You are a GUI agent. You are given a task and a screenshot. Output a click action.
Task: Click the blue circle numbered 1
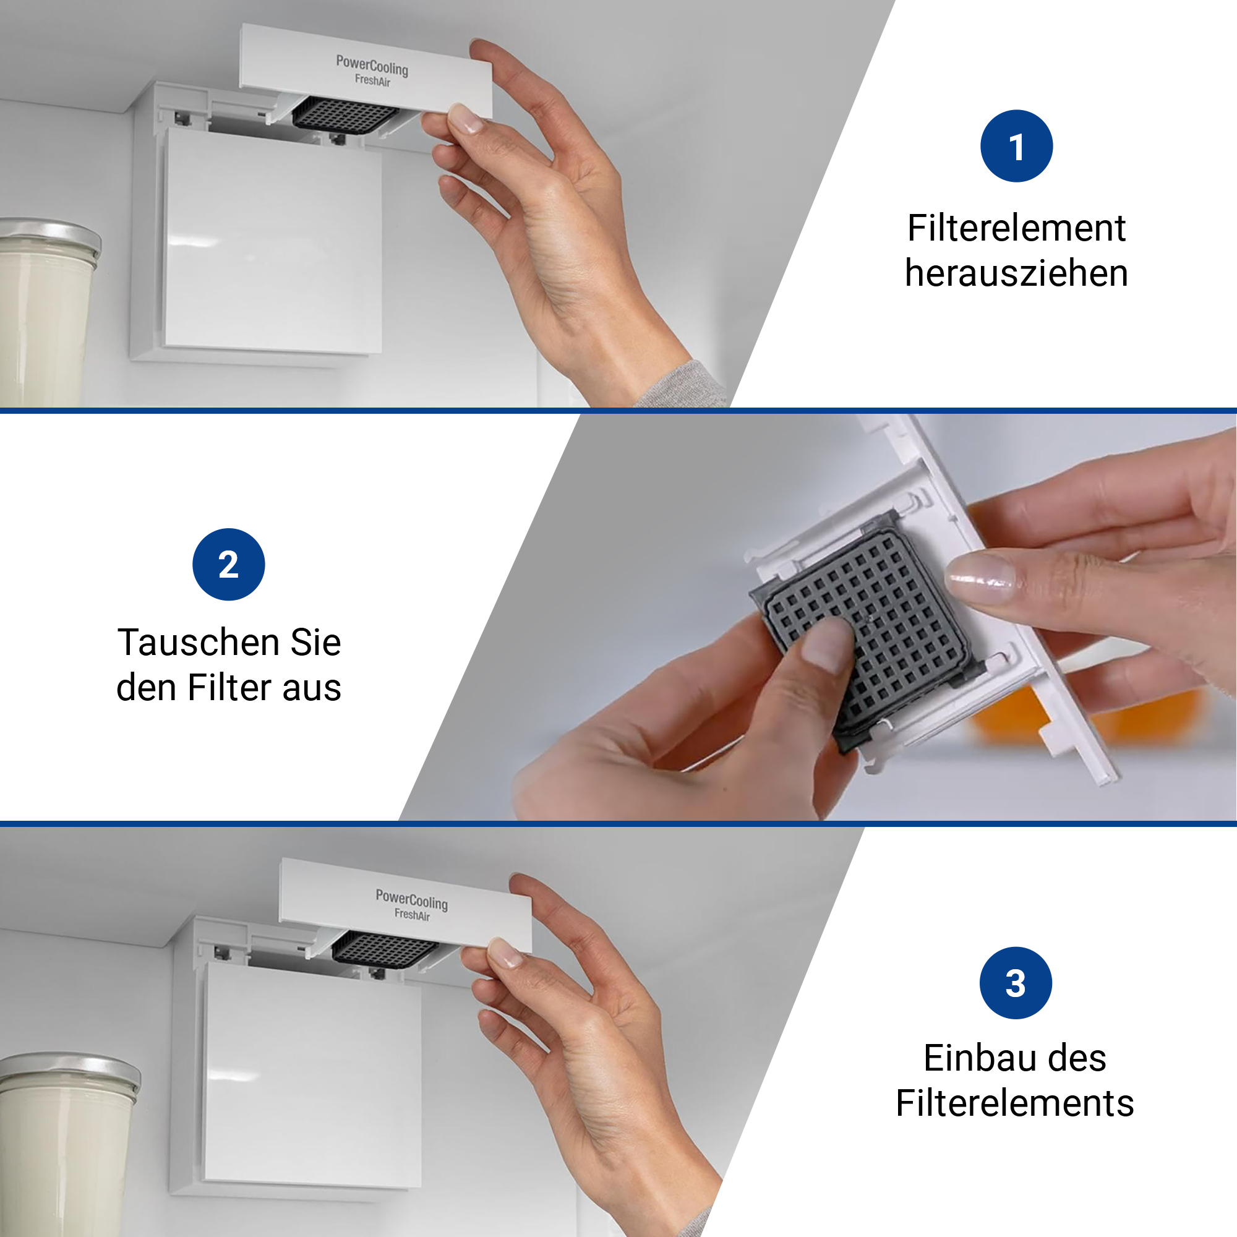[1016, 146]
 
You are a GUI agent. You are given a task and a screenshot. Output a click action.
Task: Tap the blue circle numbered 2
[229, 564]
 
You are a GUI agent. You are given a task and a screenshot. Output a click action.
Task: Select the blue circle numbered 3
[1016, 983]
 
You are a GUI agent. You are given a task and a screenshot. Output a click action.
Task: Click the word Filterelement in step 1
[1016, 228]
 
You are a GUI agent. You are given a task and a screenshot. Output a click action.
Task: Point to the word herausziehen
[1016, 273]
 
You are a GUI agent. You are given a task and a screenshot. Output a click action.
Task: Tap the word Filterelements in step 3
[1015, 1103]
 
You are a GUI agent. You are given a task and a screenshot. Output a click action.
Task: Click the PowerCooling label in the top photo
[372, 65]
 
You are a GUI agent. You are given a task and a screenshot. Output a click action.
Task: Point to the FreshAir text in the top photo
[372, 80]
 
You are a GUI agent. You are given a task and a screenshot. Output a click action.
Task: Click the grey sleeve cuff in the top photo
[682, 386]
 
